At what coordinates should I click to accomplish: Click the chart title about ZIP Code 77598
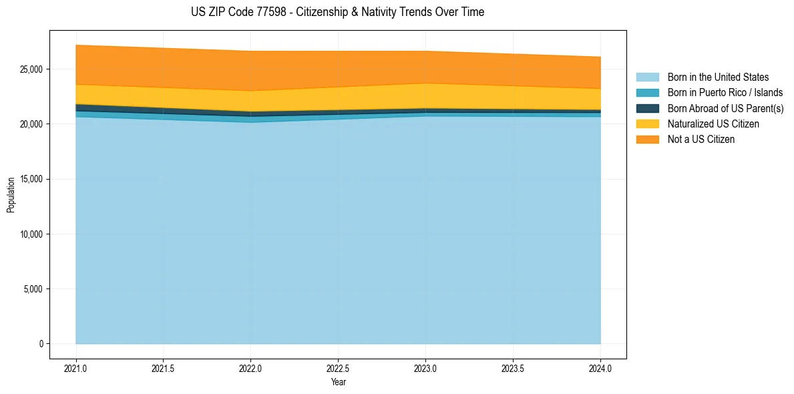pos(337,12)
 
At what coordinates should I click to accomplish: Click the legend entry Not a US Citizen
pos(701,139)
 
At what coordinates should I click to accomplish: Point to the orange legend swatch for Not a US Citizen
pos(647,139)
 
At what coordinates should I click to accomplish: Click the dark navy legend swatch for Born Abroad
pos(647,108)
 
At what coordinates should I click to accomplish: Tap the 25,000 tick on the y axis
pos(31,69)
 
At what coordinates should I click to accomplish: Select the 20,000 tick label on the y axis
pos(31,124)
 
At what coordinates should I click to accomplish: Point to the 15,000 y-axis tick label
pos(31,179)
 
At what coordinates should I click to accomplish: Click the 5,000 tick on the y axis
pos(33,289)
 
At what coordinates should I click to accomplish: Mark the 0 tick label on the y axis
pos(41,344)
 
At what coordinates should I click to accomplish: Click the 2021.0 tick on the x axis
pos(76,367)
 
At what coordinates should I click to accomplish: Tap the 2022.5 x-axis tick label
pos(339,367)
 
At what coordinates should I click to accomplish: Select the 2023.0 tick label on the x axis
pos(425,367)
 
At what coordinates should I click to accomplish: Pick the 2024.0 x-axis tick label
pos(600,367)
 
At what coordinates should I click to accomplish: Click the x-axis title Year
pos(339,382)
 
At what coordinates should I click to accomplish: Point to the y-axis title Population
pos(11,195)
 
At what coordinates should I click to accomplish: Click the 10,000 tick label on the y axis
pos(31,234)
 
